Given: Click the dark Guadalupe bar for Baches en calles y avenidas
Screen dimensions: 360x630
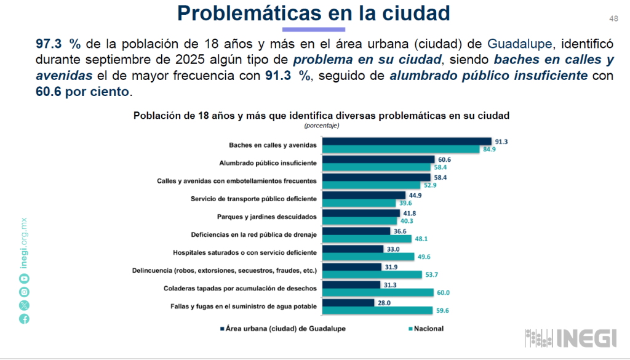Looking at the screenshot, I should (407, 142).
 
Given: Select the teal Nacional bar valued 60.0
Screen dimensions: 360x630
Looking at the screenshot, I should (378, 293).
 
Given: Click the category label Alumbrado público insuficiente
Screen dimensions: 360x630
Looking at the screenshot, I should (268, 163).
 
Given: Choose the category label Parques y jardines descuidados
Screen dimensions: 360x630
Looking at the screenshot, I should (266, 217).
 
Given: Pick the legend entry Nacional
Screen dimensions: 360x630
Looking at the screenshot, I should (426, 329).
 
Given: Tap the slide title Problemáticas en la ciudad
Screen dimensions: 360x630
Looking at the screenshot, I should (314, 13).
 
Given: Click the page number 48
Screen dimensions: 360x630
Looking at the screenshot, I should (613, 18).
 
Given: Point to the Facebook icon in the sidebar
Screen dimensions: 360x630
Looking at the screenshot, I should (24, 318).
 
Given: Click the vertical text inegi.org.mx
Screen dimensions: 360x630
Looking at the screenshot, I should (24, 244).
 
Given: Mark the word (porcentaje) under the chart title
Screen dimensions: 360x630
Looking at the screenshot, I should (321, 126).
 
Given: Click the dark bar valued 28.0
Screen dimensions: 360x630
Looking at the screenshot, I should (348, 303).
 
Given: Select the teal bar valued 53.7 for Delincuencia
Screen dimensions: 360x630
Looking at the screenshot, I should (372, 275).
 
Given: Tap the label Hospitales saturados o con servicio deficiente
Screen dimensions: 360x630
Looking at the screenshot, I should (245, 252).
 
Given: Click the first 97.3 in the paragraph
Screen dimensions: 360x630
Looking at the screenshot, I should (49, 44).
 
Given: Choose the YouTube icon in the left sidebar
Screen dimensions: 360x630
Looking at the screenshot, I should (24, 278).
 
